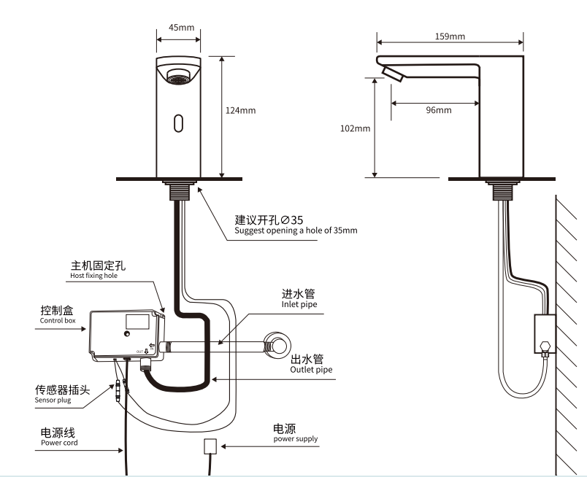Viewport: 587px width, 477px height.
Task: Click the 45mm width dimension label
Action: tap(181, 28)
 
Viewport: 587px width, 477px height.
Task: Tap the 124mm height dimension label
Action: tap(241, 111)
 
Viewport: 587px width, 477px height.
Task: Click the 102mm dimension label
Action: tap(356, 128)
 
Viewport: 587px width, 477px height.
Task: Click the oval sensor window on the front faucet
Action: tap(178, 123)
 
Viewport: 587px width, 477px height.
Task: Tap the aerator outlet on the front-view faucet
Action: tap(179, 76)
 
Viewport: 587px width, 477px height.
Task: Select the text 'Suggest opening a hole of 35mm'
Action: tap(296, 230)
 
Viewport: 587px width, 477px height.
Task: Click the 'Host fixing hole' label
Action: tap(93, 276)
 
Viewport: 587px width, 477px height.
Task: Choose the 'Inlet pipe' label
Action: tap(300, 305)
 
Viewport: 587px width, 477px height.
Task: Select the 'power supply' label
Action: tap(296, 438)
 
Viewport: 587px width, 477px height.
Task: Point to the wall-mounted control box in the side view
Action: tap(544, 333)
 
